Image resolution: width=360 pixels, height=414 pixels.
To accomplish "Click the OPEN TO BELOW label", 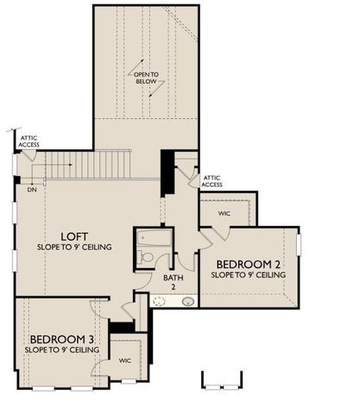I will click(146, 78).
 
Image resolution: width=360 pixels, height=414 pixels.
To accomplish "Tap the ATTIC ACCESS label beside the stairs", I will click(28, 140).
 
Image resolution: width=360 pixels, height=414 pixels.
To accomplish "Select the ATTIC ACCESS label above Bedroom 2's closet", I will click(212, 181).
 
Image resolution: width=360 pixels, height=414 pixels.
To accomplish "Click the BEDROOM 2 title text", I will click(248, 264).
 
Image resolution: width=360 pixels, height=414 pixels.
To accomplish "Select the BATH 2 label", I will click(172, 281).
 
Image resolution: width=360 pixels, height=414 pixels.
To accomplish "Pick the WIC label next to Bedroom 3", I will click(124, 361).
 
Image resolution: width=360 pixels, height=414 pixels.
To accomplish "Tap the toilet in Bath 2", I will click(147, 257).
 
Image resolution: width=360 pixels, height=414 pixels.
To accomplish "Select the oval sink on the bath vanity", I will click(188, 301).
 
